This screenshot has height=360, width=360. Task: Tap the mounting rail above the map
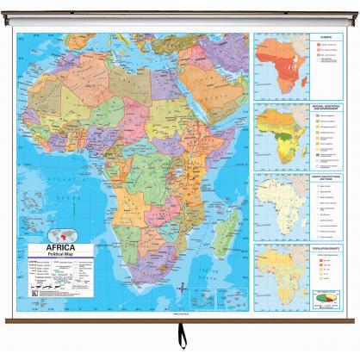(x=180, y=24)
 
